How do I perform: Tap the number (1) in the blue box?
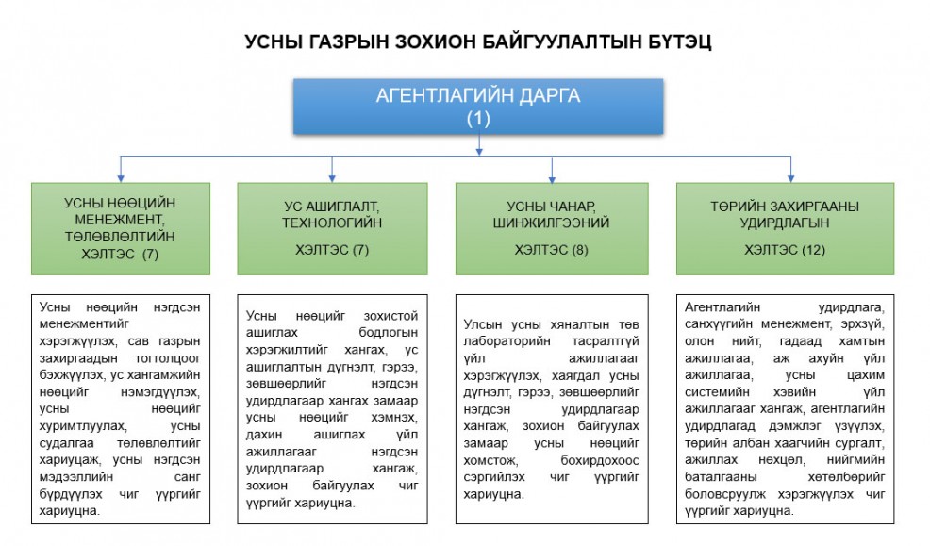[x=478, y=119]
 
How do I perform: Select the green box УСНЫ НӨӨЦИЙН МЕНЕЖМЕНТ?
[x=120, y=229]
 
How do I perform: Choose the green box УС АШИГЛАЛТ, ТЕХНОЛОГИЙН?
[x=332, y=229]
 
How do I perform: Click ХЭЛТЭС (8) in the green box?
[x=552, y=250]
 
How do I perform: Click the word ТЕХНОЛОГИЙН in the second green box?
[x=332, y=223]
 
